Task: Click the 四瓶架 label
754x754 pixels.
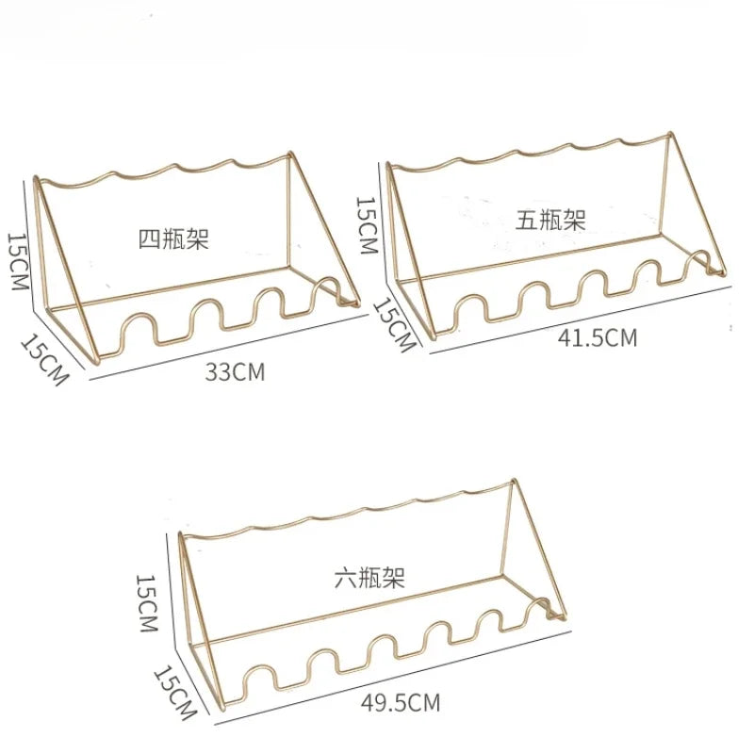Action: tap(173, 239)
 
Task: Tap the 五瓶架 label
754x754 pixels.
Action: tap(550, 220)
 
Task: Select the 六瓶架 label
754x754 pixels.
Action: tap(369, 578)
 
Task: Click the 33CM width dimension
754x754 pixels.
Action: tap(235, 372)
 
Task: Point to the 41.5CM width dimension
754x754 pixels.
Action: tap(598, 338)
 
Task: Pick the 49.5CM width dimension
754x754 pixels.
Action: tap(401, 703)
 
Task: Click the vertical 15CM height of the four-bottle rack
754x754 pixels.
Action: tap(18, 262)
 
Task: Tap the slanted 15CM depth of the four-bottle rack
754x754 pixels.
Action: tap(44, 360)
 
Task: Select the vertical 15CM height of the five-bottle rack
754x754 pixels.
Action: tap(367, 225)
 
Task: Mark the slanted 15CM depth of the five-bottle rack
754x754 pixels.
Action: tap(395, 325)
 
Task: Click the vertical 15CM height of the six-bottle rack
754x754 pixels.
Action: tap(147, 603)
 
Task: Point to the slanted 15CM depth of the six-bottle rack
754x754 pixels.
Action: tap(175, 693)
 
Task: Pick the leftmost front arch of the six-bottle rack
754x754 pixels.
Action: tap(260, 669)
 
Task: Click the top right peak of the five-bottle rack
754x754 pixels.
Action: tap(669, 134)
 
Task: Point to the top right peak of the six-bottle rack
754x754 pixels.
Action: tap(513, 482)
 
